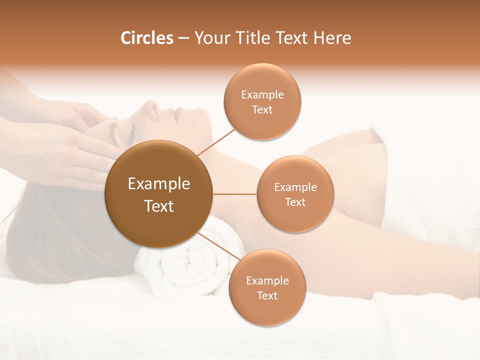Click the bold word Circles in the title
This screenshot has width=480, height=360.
pos(146,38)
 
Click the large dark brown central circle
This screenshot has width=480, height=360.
pos(159,194)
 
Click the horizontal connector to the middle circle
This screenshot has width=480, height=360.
pos(235,194)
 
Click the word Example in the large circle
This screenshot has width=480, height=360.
pos(159,184)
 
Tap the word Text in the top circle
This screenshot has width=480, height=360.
pos(262,110)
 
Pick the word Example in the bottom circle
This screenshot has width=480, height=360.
pos(267,280)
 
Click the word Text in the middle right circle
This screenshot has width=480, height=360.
pos(295,202)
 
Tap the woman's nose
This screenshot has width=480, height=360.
pos(150,106)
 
